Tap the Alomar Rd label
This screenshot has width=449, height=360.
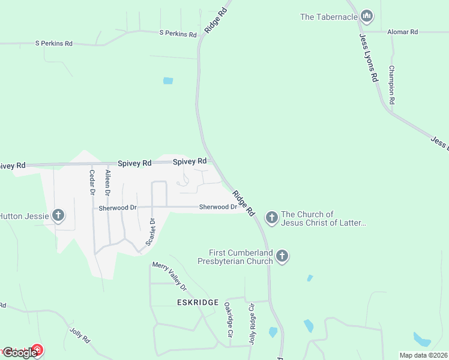pyautogui.click(x=402, y=32)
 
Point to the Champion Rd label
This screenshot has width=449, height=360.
pyautogui.click(x=391, y=85)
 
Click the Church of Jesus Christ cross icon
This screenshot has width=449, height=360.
pyautogui.click(x=271, y=217)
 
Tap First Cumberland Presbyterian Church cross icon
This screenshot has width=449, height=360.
pyautogui.click(x=282, y=257)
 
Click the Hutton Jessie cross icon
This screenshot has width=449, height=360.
pyautogui.click(x=58, y=215)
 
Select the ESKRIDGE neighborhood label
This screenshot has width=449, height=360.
pyautogui.click(x=197, y=302)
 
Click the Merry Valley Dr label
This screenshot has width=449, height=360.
pyautogui.click(x=170, y=275)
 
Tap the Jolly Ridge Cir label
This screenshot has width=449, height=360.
pyautogui.click(x=252, y=324)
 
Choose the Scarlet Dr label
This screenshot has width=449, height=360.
pyautogui.click(x=151, y=233)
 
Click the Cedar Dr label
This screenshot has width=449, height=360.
pyautogui.click(x=92, y=182)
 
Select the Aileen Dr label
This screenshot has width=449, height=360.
pyautogui.click(x=108, y=183)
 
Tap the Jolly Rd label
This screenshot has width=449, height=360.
pyautogui.click(x=80, y=335)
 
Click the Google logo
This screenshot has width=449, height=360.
pyautogui.click(x=19, y=352)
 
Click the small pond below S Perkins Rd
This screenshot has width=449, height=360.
pyautogui.click(x=168, y=80)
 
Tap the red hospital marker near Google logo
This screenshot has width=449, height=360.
pyautogui.click(x=37, y=349)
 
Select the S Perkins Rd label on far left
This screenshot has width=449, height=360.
pyautogui.click(x=54, y=43)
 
